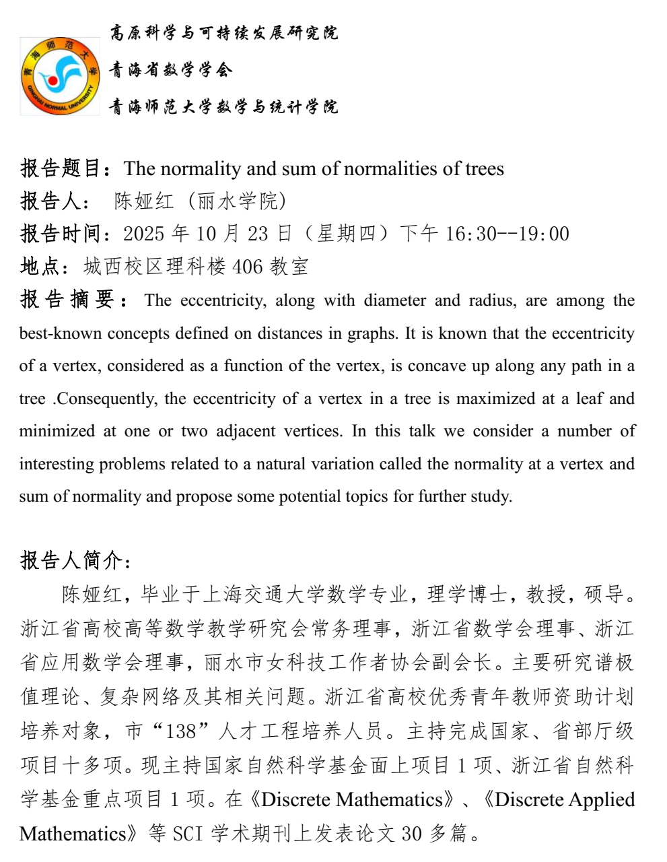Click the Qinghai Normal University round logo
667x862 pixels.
click(x=60, y=76)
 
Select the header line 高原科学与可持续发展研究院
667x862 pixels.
click(x=223, y=33)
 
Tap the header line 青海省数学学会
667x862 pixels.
click(x=171, y=69)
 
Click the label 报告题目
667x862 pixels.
click(x=61, y=168)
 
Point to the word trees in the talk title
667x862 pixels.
click(x=485, y=168)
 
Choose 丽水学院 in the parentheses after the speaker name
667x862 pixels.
click(x=238, y=201)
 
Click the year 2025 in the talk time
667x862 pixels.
click(x=144, y=234)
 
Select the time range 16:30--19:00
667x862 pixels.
click(x=507, y=234)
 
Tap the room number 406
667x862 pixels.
click(x=248, y=267)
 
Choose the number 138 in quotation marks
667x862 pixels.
click(x=180, y=731)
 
